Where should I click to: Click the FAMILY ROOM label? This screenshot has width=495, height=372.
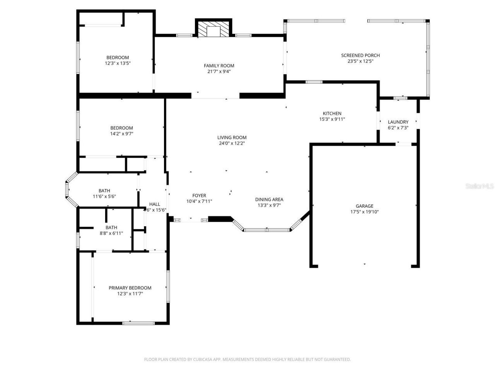[219, 65]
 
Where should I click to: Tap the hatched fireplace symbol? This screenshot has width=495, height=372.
[213, 30]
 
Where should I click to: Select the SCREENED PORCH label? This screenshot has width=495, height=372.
[360, 55]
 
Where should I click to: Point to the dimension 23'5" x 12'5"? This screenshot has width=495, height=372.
[360, 61]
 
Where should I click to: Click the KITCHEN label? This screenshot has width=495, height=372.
[332, 114]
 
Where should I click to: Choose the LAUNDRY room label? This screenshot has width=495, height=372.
[398, 122]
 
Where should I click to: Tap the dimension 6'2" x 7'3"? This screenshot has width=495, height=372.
[398, 128]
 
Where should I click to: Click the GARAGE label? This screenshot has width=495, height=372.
[364, 206]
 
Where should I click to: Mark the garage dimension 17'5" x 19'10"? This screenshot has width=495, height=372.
[364, 212]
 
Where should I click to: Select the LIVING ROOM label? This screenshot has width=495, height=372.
[232, 138]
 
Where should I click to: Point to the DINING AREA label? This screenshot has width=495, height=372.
[269, 200]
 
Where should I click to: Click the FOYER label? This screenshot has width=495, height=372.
[199, 196]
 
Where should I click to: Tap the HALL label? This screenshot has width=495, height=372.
[154, 204]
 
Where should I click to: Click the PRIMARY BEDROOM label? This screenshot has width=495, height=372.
[130, 288]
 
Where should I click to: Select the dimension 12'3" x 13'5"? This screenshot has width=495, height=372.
[118, 63]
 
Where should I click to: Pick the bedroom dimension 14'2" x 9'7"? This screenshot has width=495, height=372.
[121, 134]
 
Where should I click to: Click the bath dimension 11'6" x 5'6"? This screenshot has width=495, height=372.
[104, 196]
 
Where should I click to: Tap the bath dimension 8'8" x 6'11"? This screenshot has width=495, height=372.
[111, 233]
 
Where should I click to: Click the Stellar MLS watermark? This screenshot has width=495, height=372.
[480, 186]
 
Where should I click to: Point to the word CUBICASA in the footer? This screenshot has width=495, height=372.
[203, 360]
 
